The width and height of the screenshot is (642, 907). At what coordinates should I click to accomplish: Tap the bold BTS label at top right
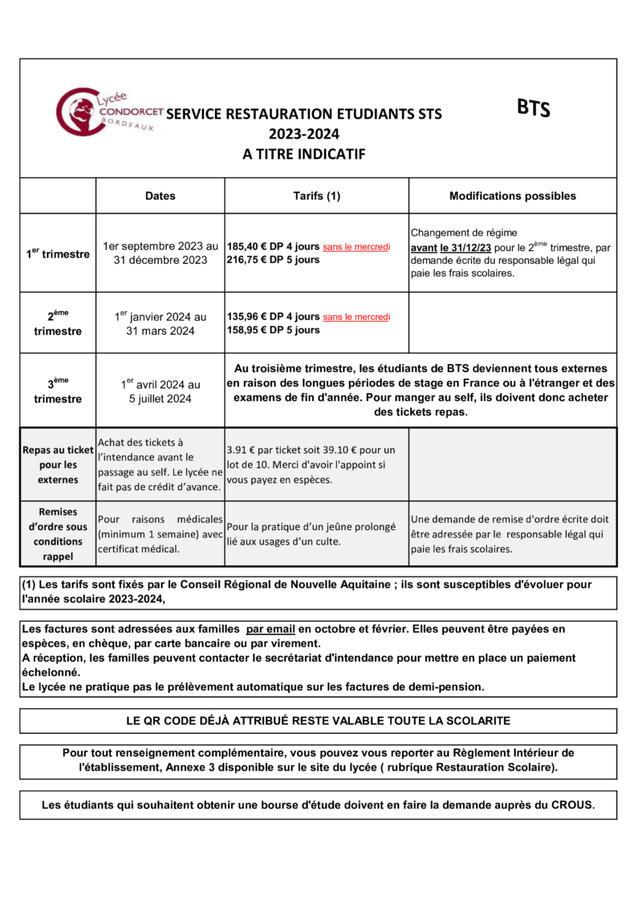(x=533, y=108)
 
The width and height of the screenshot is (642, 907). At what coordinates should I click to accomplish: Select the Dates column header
(x=160, y=196)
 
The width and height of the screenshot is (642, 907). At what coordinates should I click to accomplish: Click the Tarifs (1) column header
(x=316, y=196)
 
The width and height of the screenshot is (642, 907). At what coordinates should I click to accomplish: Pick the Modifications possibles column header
(x=512, y=196)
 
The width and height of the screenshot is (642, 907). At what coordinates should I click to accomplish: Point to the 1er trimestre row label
(x=57, y=253)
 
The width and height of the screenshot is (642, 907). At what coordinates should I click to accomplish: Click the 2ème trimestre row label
(x=57, y=323)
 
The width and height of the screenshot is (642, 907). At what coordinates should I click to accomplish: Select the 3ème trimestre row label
(x=57, y=391)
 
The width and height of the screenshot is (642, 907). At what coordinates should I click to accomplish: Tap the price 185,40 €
(x=246, y=247)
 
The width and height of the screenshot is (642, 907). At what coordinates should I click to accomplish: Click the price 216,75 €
(x=246, y=260)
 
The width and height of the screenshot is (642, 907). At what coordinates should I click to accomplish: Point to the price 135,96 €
(x=246, y=317)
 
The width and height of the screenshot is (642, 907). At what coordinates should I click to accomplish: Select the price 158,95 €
(x=246, y=330)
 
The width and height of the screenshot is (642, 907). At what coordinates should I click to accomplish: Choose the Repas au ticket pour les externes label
(x=57, y=464)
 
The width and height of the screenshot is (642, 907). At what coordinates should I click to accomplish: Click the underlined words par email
(x=270, y=630)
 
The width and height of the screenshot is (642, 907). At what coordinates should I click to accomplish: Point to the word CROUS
(x=572, y=804)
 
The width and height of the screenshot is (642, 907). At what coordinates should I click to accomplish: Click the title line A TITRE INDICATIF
(x=304, y=153)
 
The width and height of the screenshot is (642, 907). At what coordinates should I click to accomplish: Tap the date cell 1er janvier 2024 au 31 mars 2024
(x=160, y=323)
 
